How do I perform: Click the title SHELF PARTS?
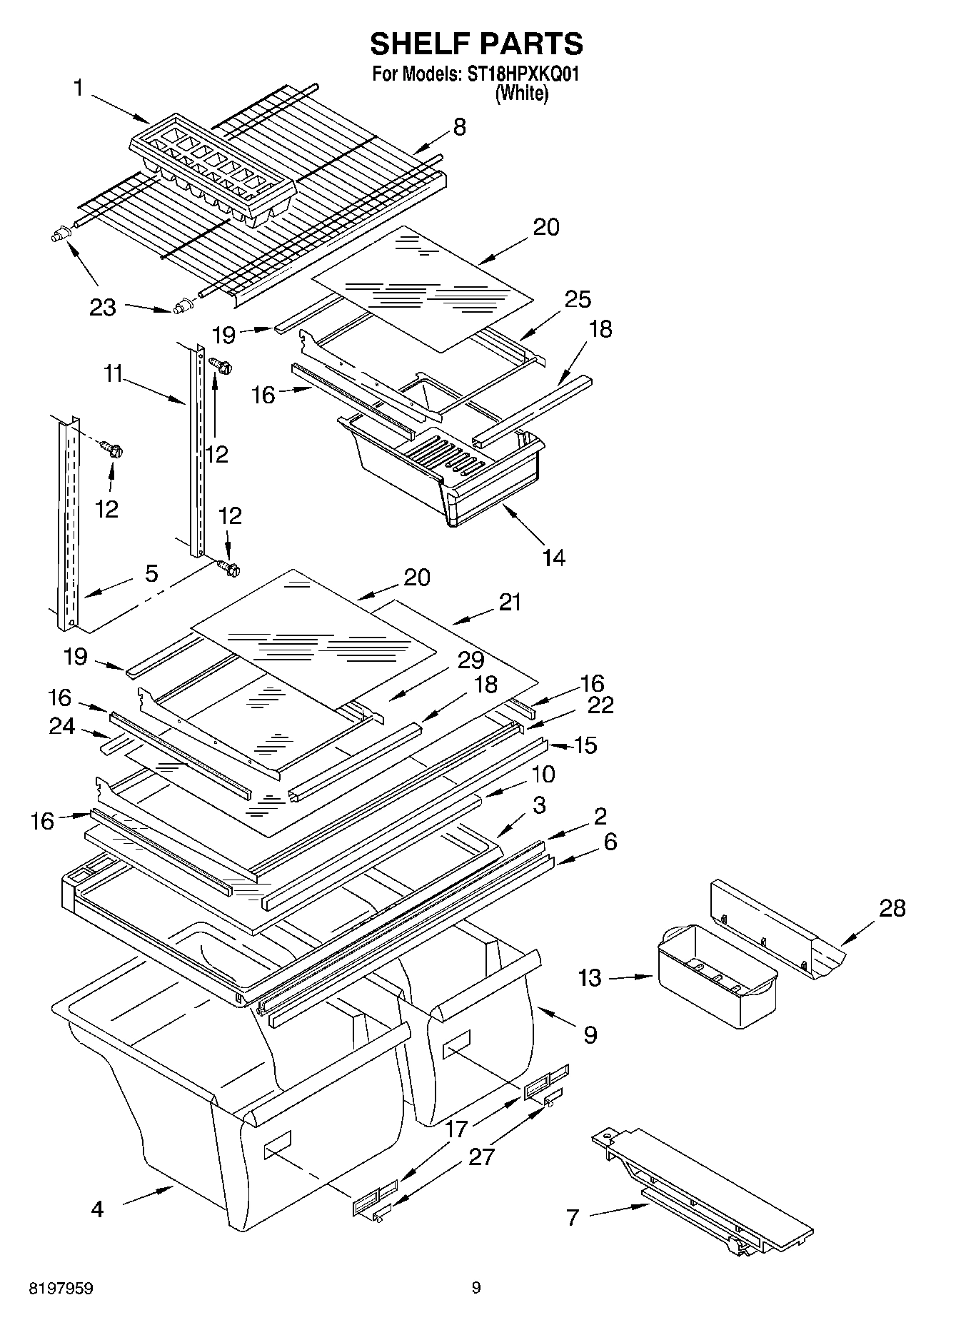point(476,44)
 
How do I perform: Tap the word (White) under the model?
point(523,93)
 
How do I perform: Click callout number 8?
point(459,127)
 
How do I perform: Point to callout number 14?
point(553,557)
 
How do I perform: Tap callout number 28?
point(892,908)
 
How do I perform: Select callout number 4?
point(98,1209)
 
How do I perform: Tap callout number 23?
point(103,307)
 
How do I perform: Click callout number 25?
point(578,299)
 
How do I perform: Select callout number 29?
point(471,660)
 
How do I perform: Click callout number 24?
point(63,726)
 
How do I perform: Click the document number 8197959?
point(61,1289)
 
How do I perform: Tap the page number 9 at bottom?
point(476,1289)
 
